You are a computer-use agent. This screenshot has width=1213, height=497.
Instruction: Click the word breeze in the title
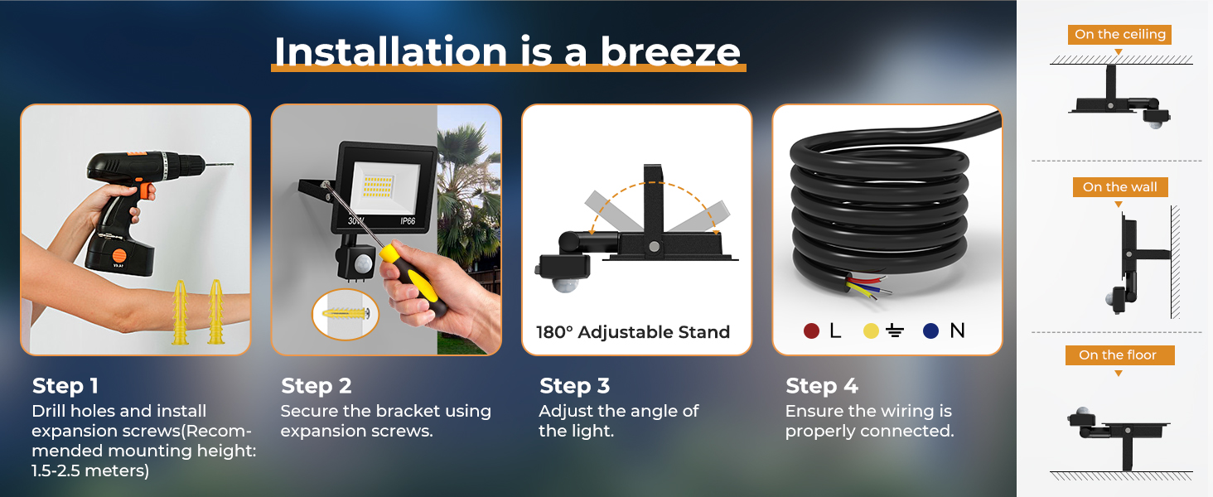(669, 52)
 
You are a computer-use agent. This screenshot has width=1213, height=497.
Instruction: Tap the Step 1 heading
(65, 386)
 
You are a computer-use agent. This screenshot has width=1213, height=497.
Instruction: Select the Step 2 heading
(317, 386)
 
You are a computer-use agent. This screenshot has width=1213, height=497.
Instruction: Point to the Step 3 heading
(574, 386)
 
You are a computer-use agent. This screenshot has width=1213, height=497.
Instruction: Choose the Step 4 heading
(821, 386)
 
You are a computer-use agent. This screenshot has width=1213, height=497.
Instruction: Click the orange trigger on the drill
(145, 191)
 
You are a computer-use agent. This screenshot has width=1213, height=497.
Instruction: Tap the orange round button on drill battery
(118, 255)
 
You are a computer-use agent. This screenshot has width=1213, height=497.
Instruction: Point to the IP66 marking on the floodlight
(408, 221)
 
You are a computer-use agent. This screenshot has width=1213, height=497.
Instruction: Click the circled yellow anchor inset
(346, 314)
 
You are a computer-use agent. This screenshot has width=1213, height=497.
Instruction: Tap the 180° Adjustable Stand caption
(633, 332)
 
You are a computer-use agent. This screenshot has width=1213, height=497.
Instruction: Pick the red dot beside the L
(811, 331)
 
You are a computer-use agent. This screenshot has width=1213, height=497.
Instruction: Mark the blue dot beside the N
(930, 331)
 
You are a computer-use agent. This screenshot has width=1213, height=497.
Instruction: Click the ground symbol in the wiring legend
(895, 331)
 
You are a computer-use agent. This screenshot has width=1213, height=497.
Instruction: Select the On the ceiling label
(1120, 35)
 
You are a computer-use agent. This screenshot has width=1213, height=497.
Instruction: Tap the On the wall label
(1120, 187)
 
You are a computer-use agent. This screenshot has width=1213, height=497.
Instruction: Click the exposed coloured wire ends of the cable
(867, 287)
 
